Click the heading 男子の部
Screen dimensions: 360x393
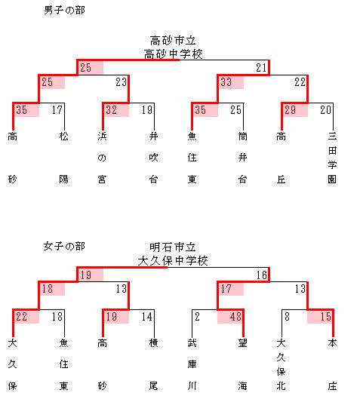coord(64,11)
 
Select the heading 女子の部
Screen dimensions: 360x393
coord(64,246)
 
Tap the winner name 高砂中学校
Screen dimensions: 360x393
coord(173,54)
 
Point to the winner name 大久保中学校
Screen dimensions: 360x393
coord(173,261)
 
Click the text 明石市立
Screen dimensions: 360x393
coord(173,247)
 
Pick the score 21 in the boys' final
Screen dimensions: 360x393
coord(261,68)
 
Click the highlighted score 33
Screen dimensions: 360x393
coord(226,82)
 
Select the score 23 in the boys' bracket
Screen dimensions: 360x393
coord(121,82)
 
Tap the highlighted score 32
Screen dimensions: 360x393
coord(111,110)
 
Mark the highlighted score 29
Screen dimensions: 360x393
coord(290,110)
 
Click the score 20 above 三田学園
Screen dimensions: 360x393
coord(325,110)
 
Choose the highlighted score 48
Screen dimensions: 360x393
coord(235,317)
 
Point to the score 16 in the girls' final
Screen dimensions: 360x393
coord(261,275)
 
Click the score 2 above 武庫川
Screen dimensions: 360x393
coord(197,317)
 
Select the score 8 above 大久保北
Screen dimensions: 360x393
coord(287,317)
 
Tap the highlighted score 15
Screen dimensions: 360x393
coord(326,317)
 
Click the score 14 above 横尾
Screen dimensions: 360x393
coord(146,317)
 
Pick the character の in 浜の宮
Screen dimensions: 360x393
coord(102,158)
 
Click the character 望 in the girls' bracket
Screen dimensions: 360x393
coord(242,343)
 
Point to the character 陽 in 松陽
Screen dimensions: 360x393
coord(63,180)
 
